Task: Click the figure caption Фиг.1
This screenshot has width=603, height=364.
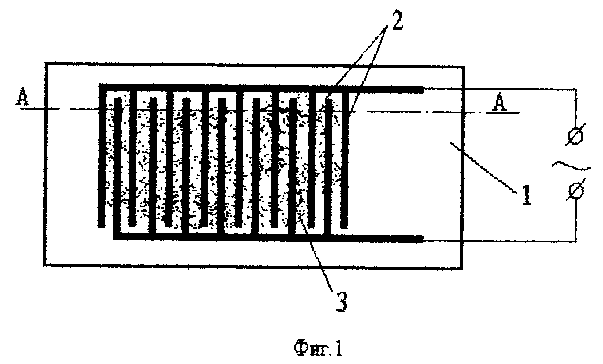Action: [318, 349]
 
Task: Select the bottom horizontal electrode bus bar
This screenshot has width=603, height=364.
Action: [268, 237]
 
